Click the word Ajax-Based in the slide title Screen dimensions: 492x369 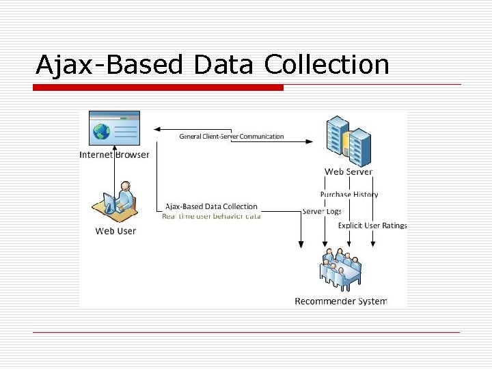coord(109,65)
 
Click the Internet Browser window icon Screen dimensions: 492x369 coord(114,130)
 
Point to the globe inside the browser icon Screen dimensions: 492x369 coord(102,131)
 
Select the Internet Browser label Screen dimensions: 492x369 coord(114,154)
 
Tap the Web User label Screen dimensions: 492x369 coord(115,231)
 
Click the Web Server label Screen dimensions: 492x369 coord(348,172)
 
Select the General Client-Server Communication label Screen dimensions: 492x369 coord(231,137)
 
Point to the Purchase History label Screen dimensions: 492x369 coord(348,194)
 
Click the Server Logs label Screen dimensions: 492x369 coord(322,212)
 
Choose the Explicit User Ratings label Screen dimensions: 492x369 coord(372,225)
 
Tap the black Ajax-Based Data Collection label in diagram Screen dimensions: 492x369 coord(211,206)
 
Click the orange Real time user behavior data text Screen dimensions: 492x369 coord(211,216)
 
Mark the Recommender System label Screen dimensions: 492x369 coord(340,301)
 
